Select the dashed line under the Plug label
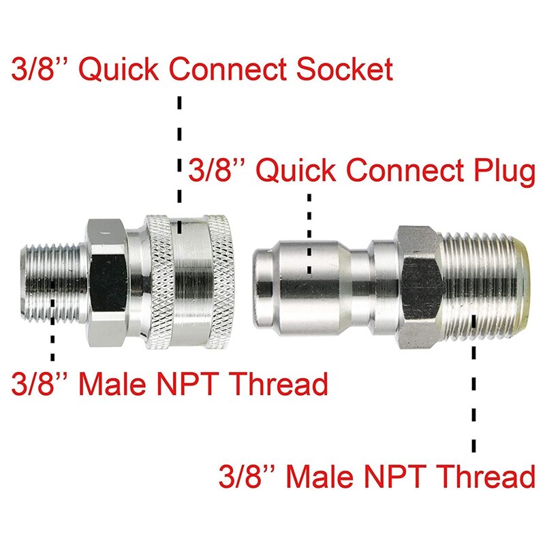[310, 232]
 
